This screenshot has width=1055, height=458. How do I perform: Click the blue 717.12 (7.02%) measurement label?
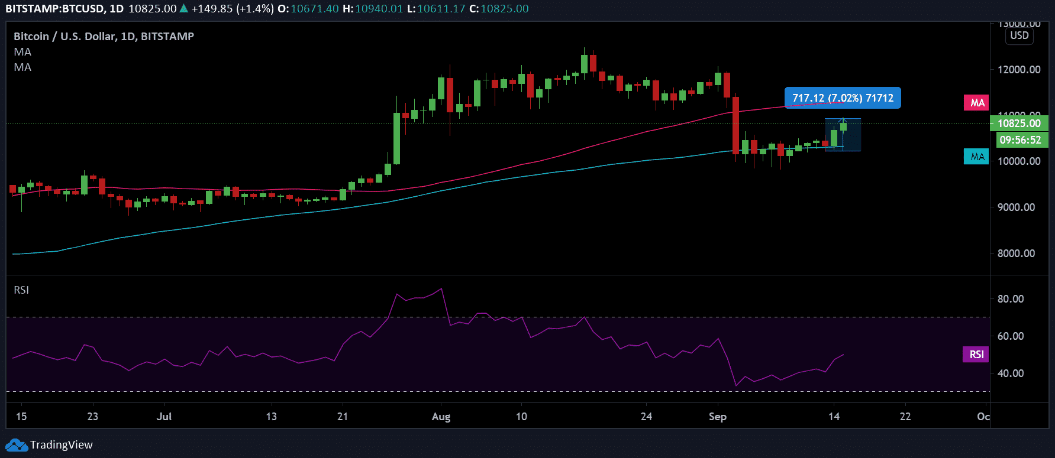click(843, 98)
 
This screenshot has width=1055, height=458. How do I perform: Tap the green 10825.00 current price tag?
click(1018, 124)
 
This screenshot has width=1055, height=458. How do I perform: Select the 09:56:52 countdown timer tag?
click(1019, 140)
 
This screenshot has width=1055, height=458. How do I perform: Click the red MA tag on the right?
click(977, 103)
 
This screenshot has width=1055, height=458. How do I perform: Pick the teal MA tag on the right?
click(977, 157)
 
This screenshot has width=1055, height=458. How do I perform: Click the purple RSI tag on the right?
click(976, 354)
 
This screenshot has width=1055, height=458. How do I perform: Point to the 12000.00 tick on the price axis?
click(1019, 70)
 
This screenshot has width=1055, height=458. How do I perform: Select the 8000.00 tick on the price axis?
click(1016, 254)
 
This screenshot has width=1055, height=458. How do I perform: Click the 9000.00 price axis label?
click(1016, 207)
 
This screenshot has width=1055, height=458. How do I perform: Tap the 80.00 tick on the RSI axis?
click(1011, 299)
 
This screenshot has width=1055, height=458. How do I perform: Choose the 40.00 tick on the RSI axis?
click(1011, 373)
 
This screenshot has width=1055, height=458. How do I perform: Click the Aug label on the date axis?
click(441, 417)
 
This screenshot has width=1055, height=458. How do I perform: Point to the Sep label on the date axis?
click(717, 417)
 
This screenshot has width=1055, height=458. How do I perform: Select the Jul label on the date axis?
click(164, 417)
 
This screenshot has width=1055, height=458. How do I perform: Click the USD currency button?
click(1019, 35)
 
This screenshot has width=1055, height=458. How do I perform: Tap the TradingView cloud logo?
click(16, 445)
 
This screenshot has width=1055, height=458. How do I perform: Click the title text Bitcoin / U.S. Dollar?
click(64, 37)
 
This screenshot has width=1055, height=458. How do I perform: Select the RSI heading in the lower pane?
click(21, 290)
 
